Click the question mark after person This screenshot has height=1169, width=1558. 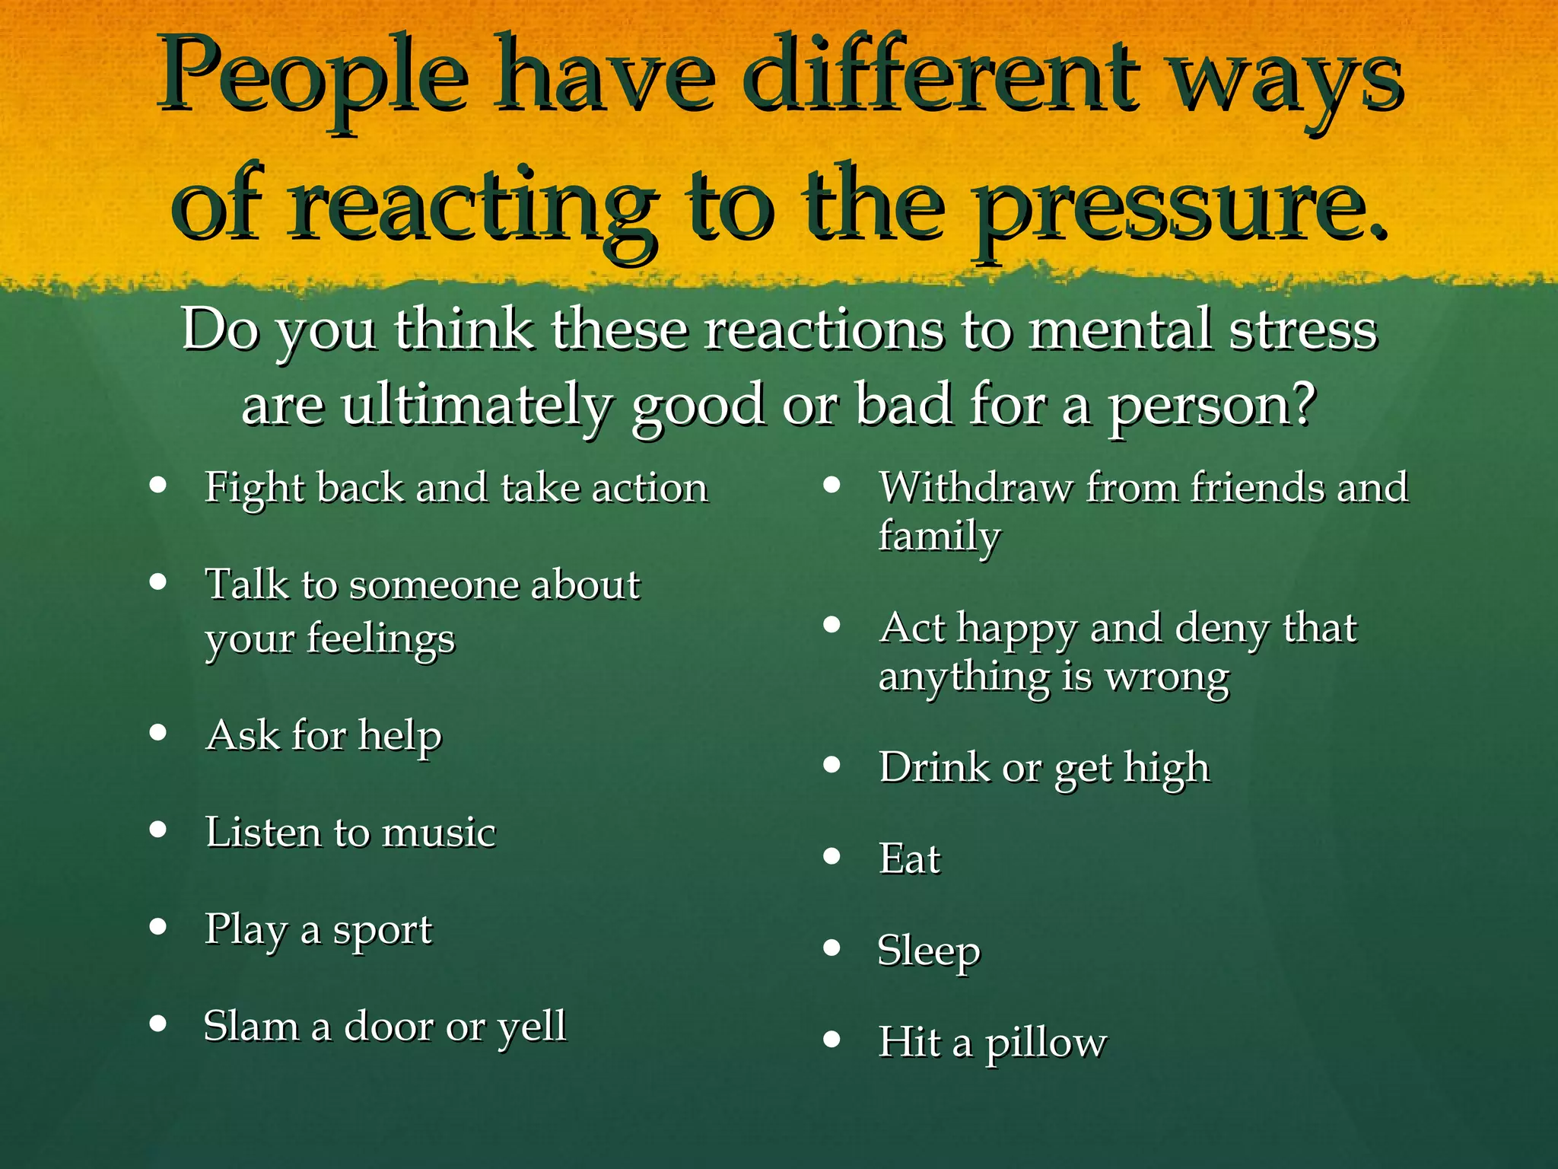1304,405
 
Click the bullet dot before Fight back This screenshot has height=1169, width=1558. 158,485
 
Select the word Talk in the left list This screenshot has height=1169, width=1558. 247,584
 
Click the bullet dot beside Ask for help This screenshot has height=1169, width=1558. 158,733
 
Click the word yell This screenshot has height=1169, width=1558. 532,1027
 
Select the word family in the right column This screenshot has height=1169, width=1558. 940,536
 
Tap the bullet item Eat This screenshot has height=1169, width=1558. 910,859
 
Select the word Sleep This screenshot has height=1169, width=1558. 929,951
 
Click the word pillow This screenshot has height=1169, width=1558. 1046,1043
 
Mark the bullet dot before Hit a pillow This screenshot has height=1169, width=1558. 832,1039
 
